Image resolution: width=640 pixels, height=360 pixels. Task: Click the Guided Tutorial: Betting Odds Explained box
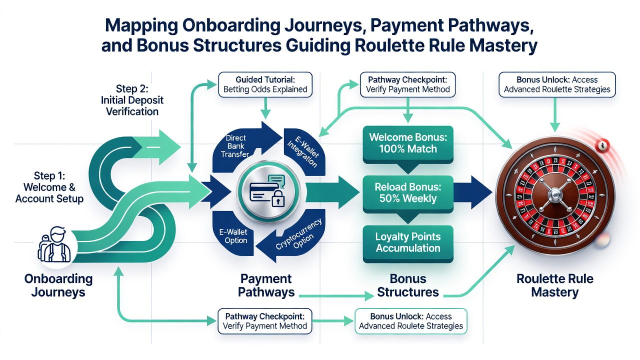(265, 84)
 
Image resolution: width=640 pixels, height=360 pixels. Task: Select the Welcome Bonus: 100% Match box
(408, 144)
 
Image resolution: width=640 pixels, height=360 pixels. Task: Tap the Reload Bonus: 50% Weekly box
(408, 193)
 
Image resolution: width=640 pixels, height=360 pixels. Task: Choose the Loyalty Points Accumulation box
(408, 243)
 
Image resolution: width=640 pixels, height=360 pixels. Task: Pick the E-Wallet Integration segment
(304, 151)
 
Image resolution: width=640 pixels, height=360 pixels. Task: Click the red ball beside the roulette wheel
(602, 145)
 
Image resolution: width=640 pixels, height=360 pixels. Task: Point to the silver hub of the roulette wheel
(555, 195)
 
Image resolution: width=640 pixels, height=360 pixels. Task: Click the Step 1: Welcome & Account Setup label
(49, 187)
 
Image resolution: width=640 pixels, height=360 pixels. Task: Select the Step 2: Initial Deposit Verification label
(132, 100)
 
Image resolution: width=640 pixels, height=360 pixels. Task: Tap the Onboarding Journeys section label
(58, 285)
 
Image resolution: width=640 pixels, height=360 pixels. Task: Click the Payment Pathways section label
(266, 285)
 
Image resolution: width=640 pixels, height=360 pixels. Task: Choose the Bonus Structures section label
(408, 285)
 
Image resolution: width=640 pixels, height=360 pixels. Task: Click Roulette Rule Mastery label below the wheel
(555, 285)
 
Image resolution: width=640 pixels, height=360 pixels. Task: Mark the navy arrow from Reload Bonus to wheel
(473, 192)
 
